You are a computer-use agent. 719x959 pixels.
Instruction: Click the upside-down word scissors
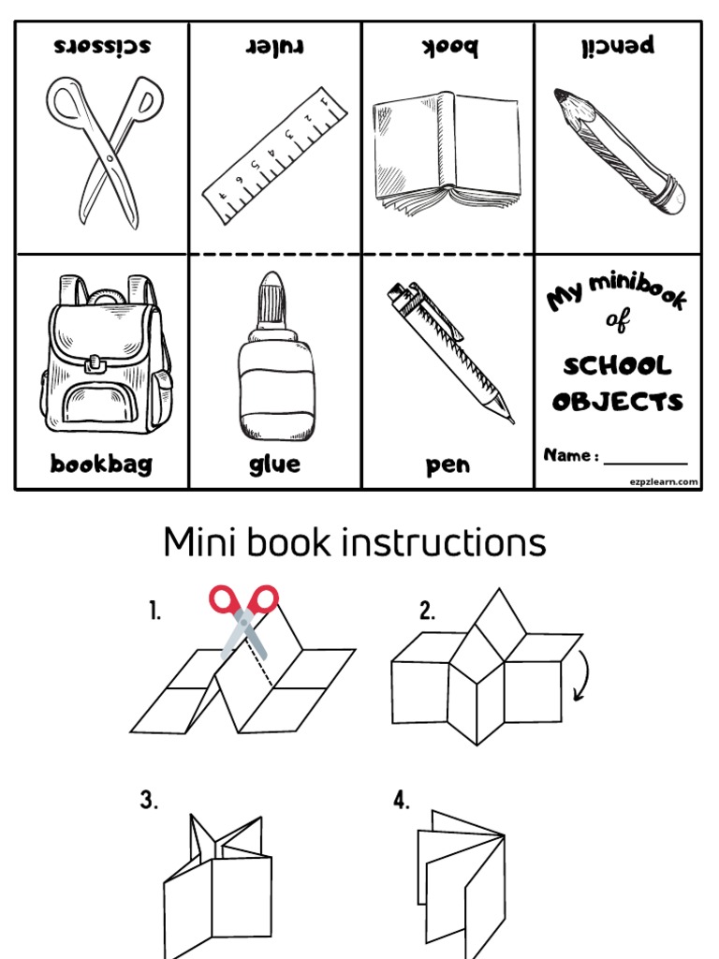click(x=102, y=46)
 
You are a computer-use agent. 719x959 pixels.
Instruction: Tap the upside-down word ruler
click(x=275, y=46)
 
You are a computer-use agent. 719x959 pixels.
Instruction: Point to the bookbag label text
click(x=101, y=465)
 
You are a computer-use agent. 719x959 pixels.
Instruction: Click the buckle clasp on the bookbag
click(x=95, y=361)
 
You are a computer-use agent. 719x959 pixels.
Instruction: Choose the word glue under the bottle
click(x=274, y=465)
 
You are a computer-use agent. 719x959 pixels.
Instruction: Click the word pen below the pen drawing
click(x=448, y=465)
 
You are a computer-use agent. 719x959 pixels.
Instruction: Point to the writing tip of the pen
click(x=509, y=419)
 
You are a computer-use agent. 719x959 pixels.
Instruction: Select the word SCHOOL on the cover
click(x=618, y=365)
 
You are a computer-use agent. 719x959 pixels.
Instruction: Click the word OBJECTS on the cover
click(x=618, y=403)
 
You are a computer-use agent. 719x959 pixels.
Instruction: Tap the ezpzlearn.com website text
click(x=663, y=481)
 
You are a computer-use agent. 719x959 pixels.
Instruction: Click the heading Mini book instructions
click(x=354, y=542)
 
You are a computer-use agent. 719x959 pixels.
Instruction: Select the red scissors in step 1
click(x=244, y=619)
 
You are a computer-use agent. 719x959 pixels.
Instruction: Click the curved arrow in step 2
click(x=581, y=676)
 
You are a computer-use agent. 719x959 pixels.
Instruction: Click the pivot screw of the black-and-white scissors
click(x=110, y=158)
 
